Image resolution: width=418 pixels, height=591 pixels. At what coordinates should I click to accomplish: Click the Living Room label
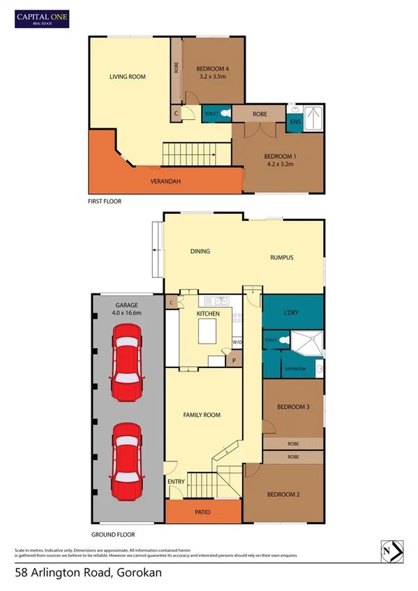127,77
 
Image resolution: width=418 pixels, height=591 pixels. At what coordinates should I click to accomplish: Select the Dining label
200,252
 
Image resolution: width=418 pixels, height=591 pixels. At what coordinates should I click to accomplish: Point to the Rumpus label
282,258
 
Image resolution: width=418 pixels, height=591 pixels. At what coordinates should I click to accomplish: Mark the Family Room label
202,415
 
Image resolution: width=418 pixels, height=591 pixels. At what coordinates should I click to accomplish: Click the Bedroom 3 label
292,407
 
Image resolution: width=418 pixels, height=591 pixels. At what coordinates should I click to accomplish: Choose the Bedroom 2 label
283,495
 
